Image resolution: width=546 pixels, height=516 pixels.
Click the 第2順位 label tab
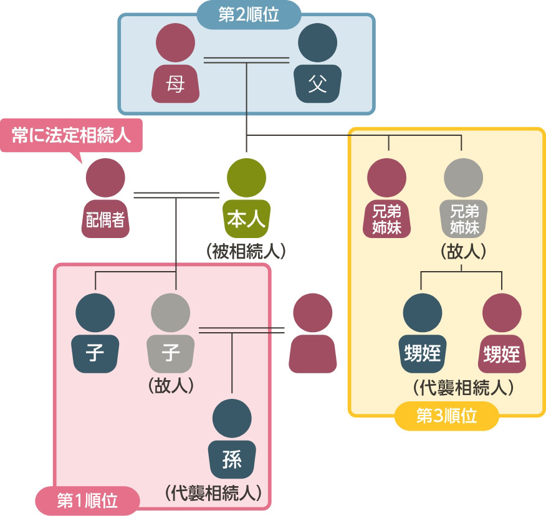[249, 15]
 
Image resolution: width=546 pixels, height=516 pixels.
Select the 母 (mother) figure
[176, 65]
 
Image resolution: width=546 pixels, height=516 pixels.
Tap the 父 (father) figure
[318, 65]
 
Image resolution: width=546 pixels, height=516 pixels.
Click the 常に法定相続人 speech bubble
[71, 135]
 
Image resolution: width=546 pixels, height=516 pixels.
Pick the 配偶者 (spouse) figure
[105, 199]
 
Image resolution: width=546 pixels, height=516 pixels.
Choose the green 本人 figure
[246, 199]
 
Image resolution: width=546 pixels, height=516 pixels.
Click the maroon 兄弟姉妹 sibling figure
[387, 199]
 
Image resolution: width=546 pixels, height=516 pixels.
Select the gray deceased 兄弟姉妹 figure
[463, 199]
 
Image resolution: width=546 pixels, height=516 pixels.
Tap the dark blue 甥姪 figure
[423, 333]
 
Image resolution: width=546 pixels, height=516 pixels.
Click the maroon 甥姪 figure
[502, 333]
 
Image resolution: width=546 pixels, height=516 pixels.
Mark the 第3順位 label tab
[446, 416]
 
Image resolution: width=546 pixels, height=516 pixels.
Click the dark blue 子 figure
[95, 333]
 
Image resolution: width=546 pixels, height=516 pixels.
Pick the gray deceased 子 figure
[171, 333]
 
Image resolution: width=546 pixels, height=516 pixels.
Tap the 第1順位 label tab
[87, 500]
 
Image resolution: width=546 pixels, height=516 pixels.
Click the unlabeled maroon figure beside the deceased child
[312, 333]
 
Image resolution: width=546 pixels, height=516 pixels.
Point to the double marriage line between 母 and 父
[247, 60]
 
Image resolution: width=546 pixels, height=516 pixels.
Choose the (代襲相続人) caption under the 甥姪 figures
[464, 387]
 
